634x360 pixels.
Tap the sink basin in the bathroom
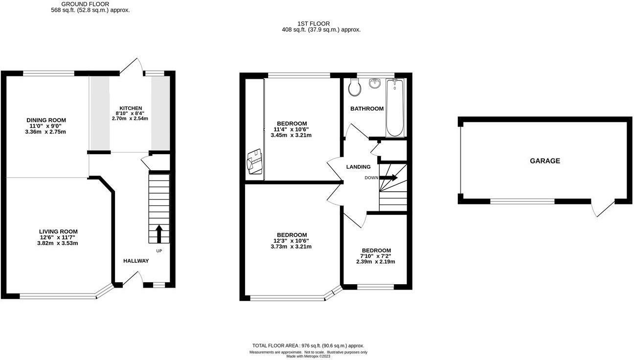point(375,83)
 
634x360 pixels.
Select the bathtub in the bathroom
point(395,108)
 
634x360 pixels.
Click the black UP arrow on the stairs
point(159,234)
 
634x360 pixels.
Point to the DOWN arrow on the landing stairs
point(388,178)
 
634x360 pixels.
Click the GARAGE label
point(545,161)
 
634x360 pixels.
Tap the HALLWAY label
point(136,261)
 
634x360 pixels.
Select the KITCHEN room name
point(131,108)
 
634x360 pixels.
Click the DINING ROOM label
point(46,120)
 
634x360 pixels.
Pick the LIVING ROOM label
point(58,231)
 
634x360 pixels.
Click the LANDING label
point(358,167)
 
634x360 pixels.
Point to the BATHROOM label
point(367,109)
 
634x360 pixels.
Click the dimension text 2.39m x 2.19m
point(376,262)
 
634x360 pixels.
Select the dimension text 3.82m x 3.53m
point(57,243)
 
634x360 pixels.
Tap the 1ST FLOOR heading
point(313,24)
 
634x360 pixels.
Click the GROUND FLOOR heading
point(85,4)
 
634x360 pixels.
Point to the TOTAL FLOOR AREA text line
point(308,345)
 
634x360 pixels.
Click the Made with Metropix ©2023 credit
point(308,356)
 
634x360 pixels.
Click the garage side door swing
point(603,208)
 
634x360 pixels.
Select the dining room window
point(49,73)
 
